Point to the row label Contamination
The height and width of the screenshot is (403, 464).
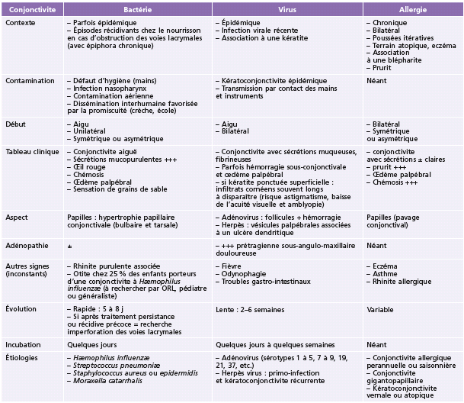[29, 79]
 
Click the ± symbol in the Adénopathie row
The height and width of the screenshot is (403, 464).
[69, 247]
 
